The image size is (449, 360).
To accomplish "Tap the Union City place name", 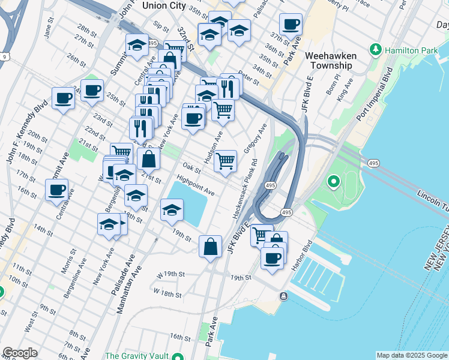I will pos(164,5).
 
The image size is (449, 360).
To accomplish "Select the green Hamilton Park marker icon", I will pos(376,49).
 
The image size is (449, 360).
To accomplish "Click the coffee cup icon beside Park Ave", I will pos(291,25).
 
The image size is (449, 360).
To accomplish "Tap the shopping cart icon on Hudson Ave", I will pos(225,160).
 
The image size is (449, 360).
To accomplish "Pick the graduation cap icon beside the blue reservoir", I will pos(172,210).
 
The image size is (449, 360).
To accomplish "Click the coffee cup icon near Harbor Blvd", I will pos(273,258).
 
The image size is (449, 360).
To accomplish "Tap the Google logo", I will pos(19,353).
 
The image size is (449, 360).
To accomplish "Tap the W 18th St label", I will pos(167,293).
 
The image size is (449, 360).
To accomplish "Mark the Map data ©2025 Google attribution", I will pos(412,355).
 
